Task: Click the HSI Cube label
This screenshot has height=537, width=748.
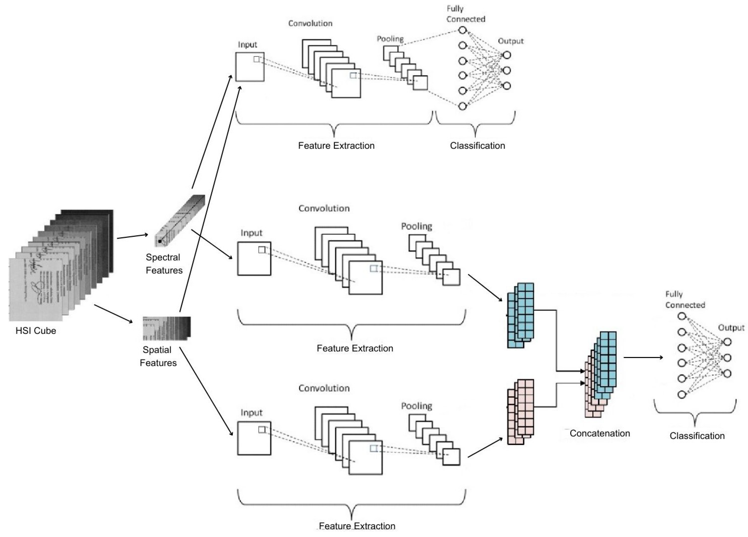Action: pos(36,331)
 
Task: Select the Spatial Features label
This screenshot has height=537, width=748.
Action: pos(158,356)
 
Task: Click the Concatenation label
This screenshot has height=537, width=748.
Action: pos(600,433)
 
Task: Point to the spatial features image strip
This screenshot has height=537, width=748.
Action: pos(167,328)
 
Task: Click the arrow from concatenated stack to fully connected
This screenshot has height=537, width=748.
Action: pos(643,357)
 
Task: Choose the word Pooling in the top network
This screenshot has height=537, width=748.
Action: pos(390,39)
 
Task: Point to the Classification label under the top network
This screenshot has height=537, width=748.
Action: pos(477,145)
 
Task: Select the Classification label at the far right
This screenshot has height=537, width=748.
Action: pos(697,436)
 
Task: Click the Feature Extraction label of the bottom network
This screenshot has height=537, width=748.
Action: pos(357,526)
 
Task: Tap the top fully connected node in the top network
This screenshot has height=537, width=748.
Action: pos(462,30)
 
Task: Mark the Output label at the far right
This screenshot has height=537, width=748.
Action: pos(731,327)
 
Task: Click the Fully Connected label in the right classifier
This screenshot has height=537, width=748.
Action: pos(685,300)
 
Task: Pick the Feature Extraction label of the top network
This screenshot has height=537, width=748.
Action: pos(336,145)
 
